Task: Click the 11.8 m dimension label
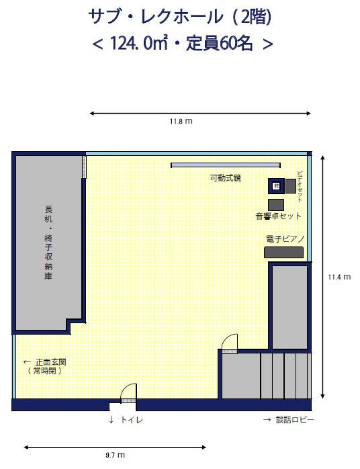(x=181, y=121)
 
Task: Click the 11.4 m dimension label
(x=339, y=277)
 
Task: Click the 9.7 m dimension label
(x=115, y=455)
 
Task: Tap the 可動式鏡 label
(x=226, y=178)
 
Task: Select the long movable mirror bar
(x=226, y=165)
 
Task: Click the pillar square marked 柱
(x=276, y=186)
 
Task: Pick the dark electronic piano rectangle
(x=283, y=252)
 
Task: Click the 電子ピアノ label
(x=285, y=239)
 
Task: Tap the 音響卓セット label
(x=278, y=216)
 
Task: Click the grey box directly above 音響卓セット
(x=275, y=205)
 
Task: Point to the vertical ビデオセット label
(x=300, y=186)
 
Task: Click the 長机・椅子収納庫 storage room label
(x=48, y=243)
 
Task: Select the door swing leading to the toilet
(x=128, y=392)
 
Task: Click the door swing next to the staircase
(x=229, y=343)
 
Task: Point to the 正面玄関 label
(x=51, y=362)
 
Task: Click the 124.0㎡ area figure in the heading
(x=138, y=44)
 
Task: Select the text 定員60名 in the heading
(x=220, y=44)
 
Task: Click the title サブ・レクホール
(x=156, y=17)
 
